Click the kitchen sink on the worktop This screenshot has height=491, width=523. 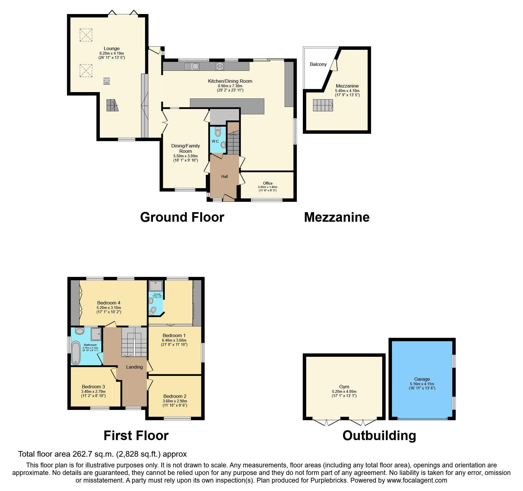(192, 66)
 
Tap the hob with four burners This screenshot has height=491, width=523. (220, 66)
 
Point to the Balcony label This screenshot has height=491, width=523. (318, 64)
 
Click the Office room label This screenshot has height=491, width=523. (267, 183)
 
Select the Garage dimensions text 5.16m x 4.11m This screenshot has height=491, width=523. (422, 384)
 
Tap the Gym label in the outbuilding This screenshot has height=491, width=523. (344, 387)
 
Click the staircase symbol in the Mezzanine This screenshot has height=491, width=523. (323, 105)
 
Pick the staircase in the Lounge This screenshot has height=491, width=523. (112, 105)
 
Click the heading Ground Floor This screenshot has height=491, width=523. (182, 217)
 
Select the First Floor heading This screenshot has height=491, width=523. (136, 436)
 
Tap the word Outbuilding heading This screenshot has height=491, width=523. (379, 436)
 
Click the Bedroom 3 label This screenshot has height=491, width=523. (93, 387)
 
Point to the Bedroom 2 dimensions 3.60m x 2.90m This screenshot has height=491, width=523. (175, 401)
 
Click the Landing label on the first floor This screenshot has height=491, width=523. (134, 367)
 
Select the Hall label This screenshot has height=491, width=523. (224, 176)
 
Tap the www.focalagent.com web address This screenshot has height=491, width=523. (417, 480)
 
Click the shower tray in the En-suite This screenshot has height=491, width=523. (155, 286)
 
